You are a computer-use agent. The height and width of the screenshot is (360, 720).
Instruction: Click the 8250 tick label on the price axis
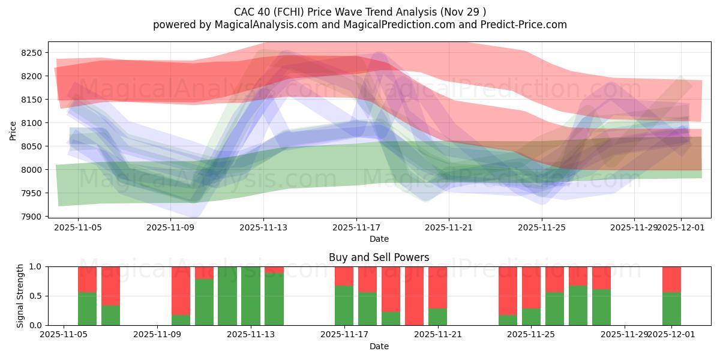31,53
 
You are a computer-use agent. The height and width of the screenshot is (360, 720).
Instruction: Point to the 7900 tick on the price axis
31,217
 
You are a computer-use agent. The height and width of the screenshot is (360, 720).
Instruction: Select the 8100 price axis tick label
31,123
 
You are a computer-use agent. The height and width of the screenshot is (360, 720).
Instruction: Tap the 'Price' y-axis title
13,131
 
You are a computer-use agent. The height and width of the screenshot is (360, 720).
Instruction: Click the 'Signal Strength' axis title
20,296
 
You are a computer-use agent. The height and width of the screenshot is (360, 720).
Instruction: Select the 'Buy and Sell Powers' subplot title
379,257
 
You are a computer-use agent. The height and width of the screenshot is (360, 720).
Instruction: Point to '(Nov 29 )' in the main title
464,12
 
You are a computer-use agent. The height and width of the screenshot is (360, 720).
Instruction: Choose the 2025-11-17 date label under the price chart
356,228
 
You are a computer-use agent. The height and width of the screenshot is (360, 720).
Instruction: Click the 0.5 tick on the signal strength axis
36,296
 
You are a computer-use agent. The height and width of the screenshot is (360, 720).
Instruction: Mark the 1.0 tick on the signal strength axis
36,266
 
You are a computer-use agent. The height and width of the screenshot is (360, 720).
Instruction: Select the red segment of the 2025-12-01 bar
671,279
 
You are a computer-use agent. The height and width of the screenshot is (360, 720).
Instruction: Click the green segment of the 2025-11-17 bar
344,305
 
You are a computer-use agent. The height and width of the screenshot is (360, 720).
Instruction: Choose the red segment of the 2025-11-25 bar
531,287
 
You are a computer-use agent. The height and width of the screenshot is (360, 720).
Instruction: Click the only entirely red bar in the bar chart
415,296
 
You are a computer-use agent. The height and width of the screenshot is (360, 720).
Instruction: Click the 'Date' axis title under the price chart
379,239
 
